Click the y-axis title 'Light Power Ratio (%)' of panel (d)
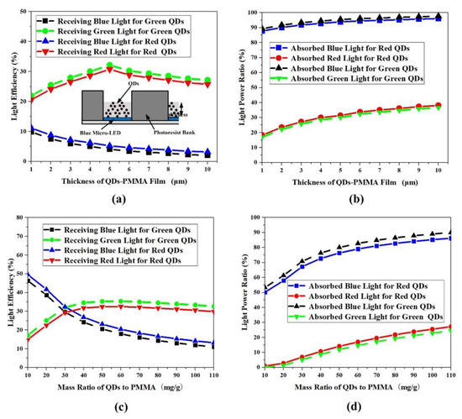[241, 301]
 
